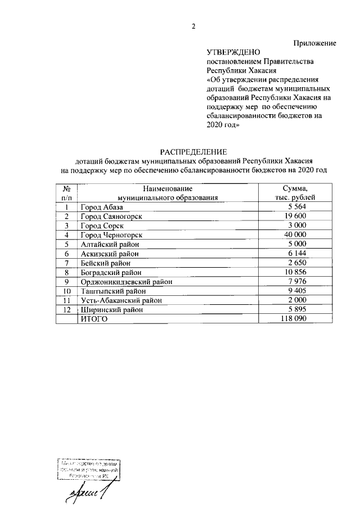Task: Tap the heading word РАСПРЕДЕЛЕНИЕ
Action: point(193,151)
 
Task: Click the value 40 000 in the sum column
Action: point(295,235)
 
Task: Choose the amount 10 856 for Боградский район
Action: point(295,272)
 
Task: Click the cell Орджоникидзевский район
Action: point(125,282)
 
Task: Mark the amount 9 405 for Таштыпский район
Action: point(295,291)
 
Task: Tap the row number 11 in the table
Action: point(66,300)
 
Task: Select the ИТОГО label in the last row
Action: point(94,319)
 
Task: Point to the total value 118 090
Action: point(295,319)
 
